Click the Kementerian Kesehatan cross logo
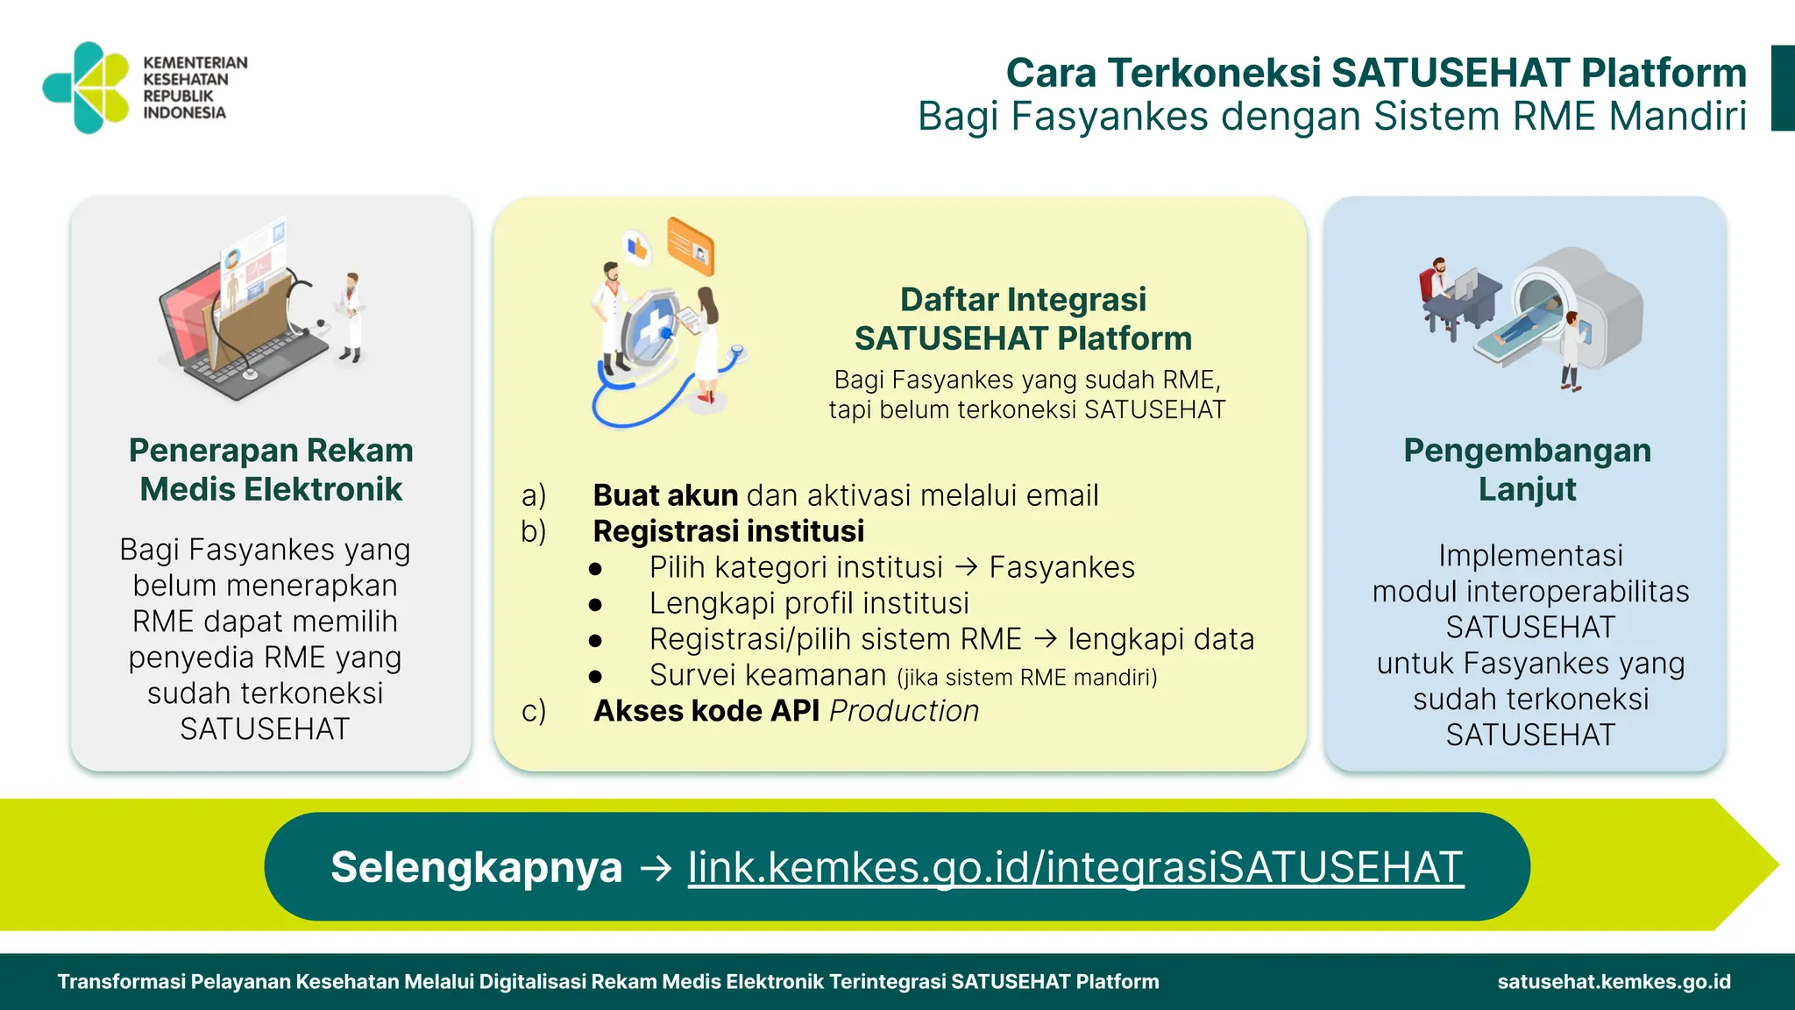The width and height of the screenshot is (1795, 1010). click(87, 87)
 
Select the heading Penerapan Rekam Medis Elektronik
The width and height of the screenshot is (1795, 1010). click(271, 470)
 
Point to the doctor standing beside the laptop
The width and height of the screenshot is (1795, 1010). click(351, 316)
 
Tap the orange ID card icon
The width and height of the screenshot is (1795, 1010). click(691, 246)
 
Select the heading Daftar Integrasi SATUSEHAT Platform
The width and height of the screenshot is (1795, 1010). click(1023, 319)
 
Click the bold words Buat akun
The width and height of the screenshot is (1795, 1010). click(665, 495)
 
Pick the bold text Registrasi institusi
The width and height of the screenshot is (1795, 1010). click(728, 531)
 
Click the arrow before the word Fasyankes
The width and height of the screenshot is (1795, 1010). click(966, 567)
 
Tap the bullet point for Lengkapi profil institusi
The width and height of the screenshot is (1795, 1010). click(596, 604)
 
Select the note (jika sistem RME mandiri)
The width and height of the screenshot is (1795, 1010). click(1026, 678)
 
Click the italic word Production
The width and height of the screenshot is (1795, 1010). click(904, 711)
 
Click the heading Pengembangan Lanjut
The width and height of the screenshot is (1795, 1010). click(1527, 470)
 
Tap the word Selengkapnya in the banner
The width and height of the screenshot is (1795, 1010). click(476, 867)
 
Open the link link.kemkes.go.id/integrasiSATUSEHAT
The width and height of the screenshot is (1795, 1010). click(1075, 867)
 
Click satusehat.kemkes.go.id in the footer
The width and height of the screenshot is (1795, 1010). click(1614, 982)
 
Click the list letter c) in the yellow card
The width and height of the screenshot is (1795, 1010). click(533, 711)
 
